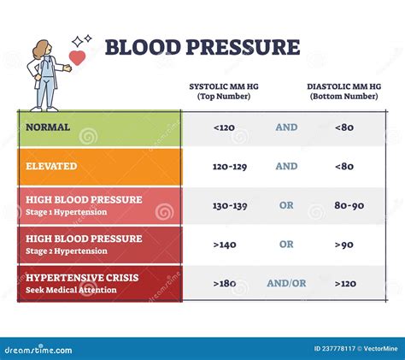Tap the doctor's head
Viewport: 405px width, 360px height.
(x=44, y=50)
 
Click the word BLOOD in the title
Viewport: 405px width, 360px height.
(x=140, y=47)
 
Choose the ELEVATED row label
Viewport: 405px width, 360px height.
(x=52, y=166)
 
